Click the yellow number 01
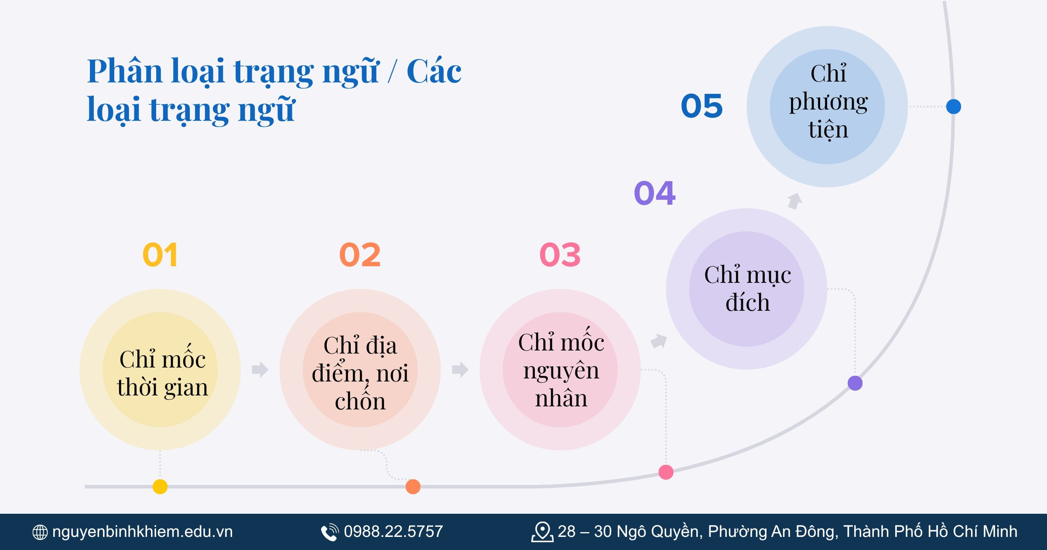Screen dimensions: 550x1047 pyautogui.click(x=160, y=255)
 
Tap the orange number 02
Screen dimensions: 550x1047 pyautogui.click(x=360, y=255)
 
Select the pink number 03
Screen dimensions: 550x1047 pyautogui.click(x=560, y=255)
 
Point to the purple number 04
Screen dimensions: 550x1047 pyautogui.click(x=655, y=193)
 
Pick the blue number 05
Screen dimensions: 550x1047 pyautogui.click(x=702, y=106)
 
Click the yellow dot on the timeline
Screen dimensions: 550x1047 pyautogui.click(x=160, y=486)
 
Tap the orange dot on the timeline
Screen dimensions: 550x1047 pyautogui.click(x=413, y=486)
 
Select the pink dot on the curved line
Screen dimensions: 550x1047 pyautogui.click(x=666, y=472)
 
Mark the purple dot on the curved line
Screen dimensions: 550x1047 pyautogui.click(x=855, y=383)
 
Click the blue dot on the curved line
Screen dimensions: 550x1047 pyautogui.click(x=954, y=107)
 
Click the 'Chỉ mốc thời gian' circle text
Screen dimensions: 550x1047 pyautogui.click(x=162, y=373)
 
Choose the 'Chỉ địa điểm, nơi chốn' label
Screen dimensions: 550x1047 pyautogui.click(x=360, y=373)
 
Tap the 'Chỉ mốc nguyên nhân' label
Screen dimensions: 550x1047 pyautogui.click(x=561, y=370)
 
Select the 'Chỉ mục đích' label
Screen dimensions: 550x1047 pyautogui.click(x=748, y=289)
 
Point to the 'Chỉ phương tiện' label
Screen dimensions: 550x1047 pyautogui.click(x=828, y=101)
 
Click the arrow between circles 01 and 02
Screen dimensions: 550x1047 pyautogui.click(x=260, y=370)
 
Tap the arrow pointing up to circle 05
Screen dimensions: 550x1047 pyautogui.click(x=794, y=201)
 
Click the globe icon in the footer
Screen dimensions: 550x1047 pyautogui.click(x=40, y=532)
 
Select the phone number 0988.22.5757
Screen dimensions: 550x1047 pyautogui.click(x=393, y=532)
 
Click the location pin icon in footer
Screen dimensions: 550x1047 pyautogui.click(x=542, y=532)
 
